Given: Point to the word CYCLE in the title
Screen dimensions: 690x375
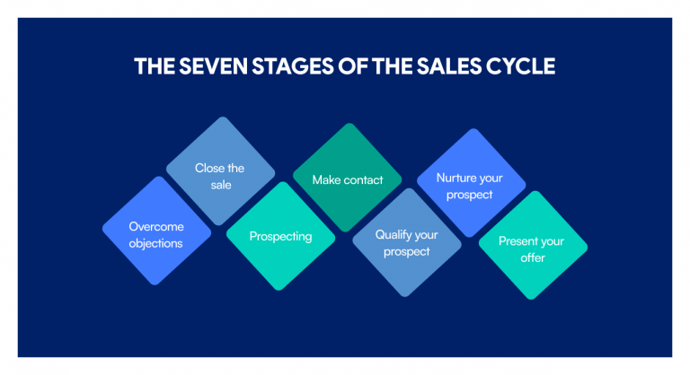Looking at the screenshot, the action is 520,66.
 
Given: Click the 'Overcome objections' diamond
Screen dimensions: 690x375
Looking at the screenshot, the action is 156,231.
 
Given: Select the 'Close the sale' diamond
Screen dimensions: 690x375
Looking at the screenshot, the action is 220,171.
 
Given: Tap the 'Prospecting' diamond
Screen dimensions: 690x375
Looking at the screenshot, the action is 280,236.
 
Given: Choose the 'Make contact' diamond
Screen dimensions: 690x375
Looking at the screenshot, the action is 347,178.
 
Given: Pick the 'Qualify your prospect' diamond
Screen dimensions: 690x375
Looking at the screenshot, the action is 407,242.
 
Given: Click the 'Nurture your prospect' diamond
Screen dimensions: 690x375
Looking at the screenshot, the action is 472,183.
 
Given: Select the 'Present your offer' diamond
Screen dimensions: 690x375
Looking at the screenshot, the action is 533,245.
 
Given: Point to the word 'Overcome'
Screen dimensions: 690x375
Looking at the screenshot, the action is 156,226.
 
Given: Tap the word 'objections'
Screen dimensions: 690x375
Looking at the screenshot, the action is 155,243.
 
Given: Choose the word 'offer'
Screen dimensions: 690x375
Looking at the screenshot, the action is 533,257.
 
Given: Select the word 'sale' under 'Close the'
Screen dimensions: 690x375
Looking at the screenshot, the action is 221,185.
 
